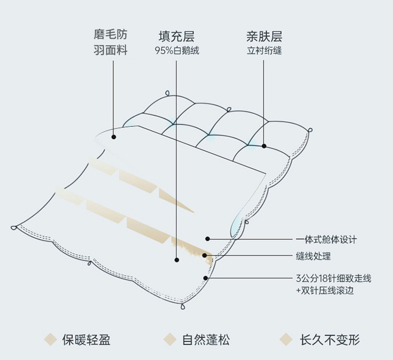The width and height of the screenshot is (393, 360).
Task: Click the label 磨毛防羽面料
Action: pos(110,42)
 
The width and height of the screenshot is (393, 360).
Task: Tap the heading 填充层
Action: pos(176,36)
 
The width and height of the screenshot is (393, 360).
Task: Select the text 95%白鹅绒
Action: pos(176,51)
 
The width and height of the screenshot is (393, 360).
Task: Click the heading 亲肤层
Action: pos(264,36)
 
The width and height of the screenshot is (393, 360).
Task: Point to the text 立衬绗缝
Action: pos(264,51)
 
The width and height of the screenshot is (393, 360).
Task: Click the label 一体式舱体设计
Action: pos(326,239)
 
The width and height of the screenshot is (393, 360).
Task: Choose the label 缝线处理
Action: pos(313,257)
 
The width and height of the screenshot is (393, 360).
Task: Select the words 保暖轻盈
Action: pos(86,340)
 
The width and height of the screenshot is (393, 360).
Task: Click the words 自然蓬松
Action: pos(205,340)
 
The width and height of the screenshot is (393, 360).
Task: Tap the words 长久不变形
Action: pos(329,340)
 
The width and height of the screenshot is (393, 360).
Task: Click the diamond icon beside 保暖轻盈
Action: pos(50,340)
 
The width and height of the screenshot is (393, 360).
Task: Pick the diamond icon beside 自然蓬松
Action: pos(171,340)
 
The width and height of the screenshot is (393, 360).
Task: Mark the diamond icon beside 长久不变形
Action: pos(286,340)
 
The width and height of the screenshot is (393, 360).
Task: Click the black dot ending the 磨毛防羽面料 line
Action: pos(113,136)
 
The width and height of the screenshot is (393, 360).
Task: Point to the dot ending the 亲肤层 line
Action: pos(264,146)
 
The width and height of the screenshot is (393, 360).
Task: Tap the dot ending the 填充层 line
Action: pos(176,259)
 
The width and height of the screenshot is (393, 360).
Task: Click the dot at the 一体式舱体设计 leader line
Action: pos(208,239)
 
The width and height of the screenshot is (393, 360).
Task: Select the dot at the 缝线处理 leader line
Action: pos(204,256)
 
